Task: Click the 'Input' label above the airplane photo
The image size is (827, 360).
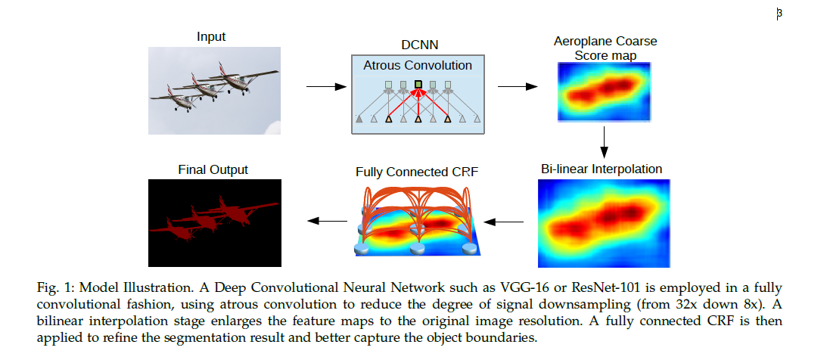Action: [x=211, y=37]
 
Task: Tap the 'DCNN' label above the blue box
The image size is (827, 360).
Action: [x=417, y=47]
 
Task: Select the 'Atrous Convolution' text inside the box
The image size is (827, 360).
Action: [x=417, y=65]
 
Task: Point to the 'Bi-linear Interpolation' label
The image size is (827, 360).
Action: [x=602, y=169]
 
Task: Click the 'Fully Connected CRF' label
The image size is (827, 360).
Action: [x=417, y=172]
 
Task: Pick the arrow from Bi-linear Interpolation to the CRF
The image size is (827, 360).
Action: [x=503, y=222]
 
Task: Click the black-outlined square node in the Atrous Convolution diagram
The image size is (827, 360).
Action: [x=418, y=84]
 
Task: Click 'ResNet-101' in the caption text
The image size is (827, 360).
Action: [x=589, y=287]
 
